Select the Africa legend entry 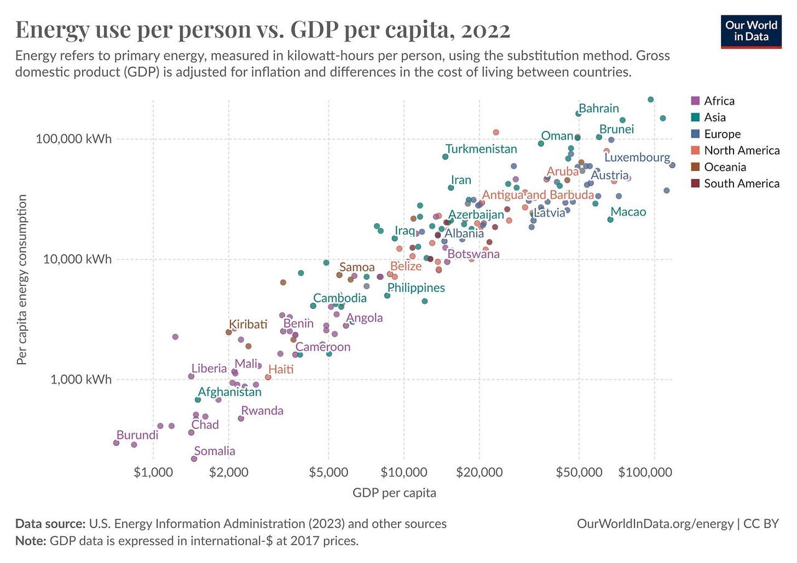(719, 101)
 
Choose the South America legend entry (741, 184)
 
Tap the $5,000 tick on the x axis (328, 472)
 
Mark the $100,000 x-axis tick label (645, 472)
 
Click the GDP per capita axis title (394, 493)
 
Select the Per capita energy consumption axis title (22, 280)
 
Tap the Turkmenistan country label (481, 149)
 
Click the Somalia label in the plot (214, 452)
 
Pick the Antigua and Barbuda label (537, 195)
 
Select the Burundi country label (138, 435)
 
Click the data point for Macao (610, 219)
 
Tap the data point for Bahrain (578, 113)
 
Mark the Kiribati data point (229, 332)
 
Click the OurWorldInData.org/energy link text (655, 524)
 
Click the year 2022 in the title (480, 30)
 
